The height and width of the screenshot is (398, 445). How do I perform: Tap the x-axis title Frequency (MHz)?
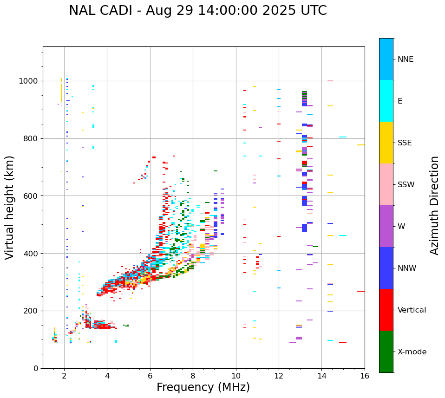[x=203, y=387]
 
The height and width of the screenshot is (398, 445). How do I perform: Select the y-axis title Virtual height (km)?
[x=10, y=208]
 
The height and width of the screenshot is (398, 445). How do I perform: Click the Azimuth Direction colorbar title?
[x=434, y=205]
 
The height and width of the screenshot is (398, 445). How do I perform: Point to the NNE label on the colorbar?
[x=405, y=59]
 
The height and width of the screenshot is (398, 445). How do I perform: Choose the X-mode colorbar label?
[x=412, y=352]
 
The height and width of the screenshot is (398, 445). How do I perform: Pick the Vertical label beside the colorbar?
[x=412, y=310]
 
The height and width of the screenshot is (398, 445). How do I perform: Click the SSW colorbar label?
[x=406, y=185]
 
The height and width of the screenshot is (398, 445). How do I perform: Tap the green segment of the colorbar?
[x=386, y=352]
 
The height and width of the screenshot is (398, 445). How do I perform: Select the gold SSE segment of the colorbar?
[x=386, y=143]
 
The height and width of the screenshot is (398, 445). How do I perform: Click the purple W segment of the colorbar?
[x=386, y=226]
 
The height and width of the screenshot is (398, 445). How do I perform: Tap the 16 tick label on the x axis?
[x=365, y=376]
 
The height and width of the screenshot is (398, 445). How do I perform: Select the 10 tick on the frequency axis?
[x=236, y=376]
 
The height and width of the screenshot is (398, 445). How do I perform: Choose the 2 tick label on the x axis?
[x=64, y=376]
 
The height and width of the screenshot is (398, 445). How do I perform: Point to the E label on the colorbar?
[x=400, y=101]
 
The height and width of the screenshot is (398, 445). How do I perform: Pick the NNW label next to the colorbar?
[x=406, y=268]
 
